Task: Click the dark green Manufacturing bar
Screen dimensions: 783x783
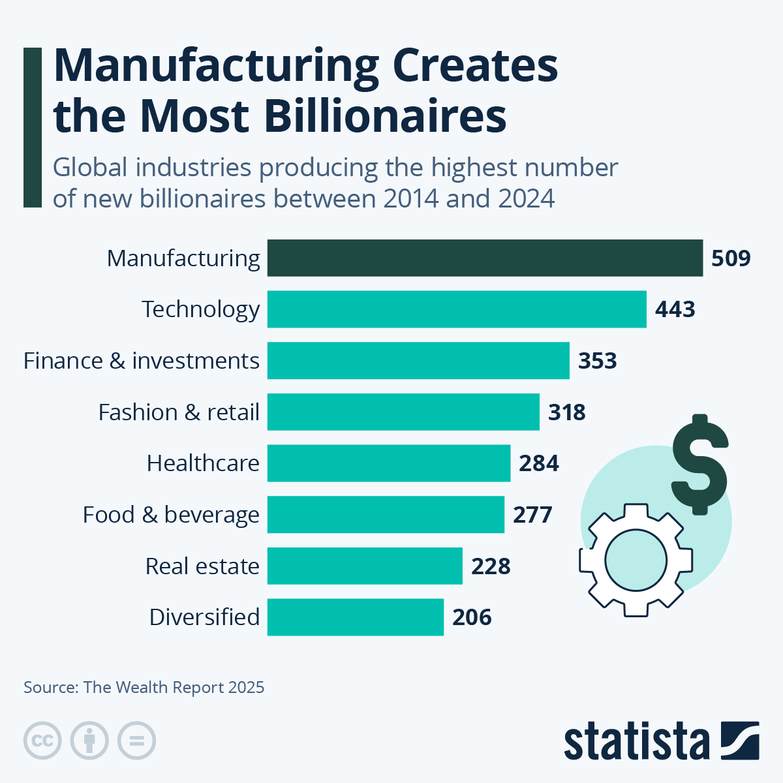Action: pos(485,258)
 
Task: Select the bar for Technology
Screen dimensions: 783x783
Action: pos(457,309)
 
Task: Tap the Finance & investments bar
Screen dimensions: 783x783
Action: pos(418,360)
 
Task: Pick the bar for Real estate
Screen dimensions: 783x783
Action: pos(365,566)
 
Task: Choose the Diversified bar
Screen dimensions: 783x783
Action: pos(356,617)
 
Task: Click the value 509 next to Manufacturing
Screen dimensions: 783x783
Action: pos(731,258)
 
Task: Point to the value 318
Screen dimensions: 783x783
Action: pos(566,412)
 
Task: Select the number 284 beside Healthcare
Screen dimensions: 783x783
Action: pos(538,463)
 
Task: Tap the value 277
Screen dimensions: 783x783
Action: pos(532,515)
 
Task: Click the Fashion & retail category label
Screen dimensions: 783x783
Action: pos(179,412)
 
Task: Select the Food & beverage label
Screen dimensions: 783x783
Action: pos(171,515)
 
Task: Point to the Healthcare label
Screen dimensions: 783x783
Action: pos(203,463)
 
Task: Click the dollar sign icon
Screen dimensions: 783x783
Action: pos(699,464)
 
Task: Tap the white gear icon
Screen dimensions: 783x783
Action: pos(636,560)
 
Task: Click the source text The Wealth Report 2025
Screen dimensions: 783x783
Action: pos(174,687)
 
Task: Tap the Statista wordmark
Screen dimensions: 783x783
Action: pos(636,741)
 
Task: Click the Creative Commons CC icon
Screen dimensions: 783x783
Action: pos(42,741)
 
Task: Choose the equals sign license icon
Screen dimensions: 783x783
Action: pos(136,741)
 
